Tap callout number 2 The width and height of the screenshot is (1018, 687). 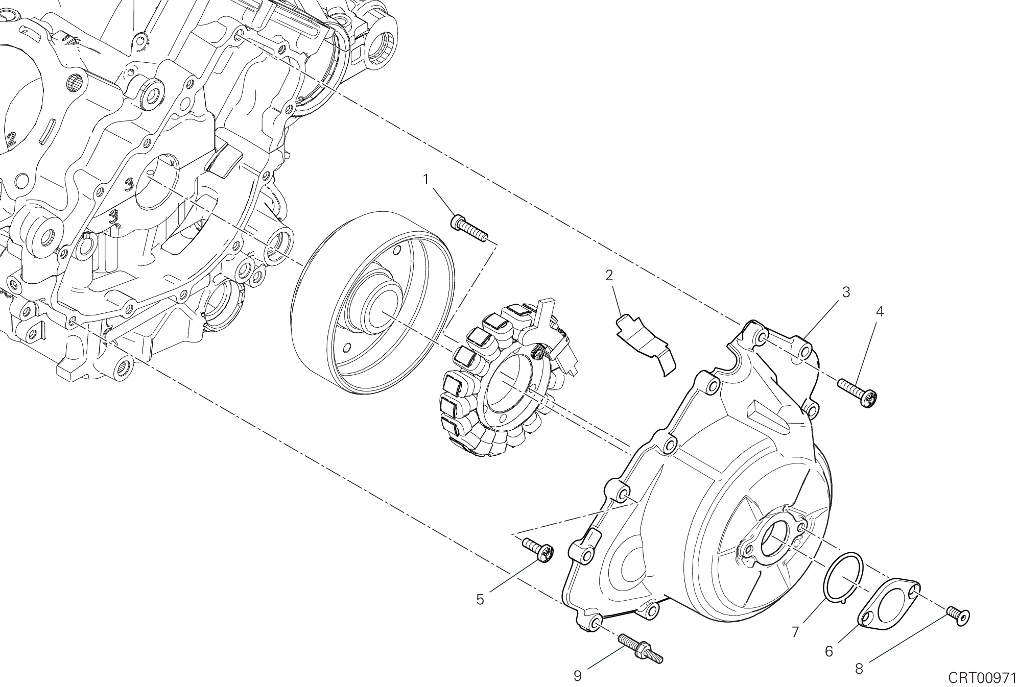(x=609, y=276)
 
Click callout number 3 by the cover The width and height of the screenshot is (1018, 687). (x=845, y=292)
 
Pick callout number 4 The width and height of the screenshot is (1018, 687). (x=879, y=311)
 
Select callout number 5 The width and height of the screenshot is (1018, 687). (x=480, y=599)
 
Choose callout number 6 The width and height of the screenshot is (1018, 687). (x=828, y=651)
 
